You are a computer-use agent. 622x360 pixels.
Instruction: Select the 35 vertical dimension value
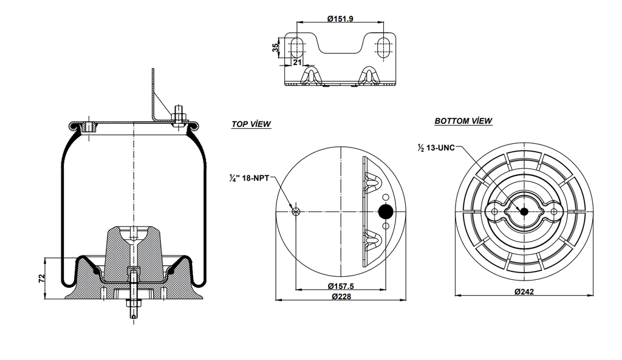[275, 47]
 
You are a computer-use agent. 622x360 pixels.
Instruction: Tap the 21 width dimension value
[297, 62]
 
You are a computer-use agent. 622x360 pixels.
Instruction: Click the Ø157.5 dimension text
[341, 287]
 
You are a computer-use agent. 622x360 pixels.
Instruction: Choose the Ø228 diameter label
[341, 297]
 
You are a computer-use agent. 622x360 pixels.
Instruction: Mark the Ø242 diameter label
[524, 292]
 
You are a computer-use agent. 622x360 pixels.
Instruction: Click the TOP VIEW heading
[251, 124]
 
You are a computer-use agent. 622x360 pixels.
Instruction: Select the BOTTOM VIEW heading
[463, 121]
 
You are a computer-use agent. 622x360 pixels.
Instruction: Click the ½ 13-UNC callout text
[436, 148]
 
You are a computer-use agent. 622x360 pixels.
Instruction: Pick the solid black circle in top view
[386, 211]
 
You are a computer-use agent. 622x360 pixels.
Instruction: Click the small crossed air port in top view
[296, 211]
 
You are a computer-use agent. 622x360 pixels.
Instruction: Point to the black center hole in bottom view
[524, 211]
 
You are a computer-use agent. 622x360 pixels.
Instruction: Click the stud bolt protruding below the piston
[133, 304]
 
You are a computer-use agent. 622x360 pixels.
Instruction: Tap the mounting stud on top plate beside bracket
[180, 115]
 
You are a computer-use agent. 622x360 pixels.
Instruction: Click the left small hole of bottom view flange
[494, 211]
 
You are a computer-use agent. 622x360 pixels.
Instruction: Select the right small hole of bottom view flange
[553, 211]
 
